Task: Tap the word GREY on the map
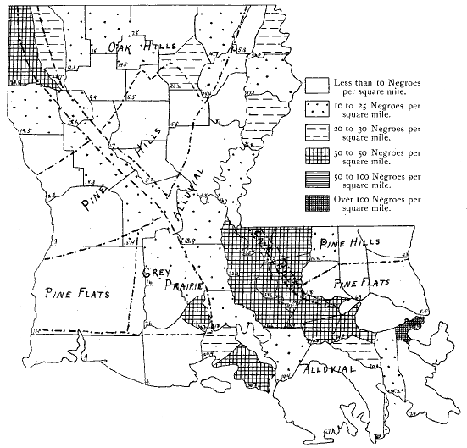point(159,273)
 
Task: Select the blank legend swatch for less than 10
point(316,83)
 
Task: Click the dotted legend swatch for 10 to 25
point(316,107)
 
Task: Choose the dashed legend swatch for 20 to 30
point(316,131)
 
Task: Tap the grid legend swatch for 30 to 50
point(316,155)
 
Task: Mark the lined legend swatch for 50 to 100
point(316,180)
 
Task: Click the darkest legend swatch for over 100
point(316,203)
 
